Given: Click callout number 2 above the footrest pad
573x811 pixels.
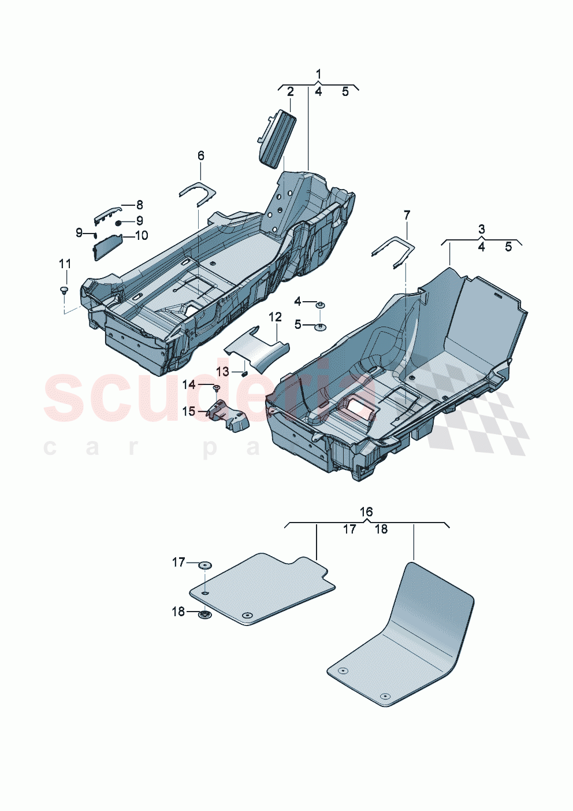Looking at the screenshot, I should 291,91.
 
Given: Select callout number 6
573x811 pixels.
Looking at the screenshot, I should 200,155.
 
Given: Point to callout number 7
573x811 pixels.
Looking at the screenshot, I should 407,215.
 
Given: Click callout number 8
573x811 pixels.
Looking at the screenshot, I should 139,205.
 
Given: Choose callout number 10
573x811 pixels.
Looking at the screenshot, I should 142,235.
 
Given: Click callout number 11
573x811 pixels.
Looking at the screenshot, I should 65,264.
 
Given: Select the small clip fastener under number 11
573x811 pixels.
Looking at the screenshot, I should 64,289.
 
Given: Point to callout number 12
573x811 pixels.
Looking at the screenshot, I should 275,317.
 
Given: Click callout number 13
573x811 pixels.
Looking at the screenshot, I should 223,372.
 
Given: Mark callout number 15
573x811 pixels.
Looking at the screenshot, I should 189,411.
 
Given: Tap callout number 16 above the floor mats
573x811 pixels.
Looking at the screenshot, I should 366,512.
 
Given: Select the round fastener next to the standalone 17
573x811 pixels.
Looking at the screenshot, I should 204,564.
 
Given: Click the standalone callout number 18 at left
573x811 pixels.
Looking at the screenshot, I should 178,612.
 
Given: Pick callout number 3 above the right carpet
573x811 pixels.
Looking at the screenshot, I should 482,229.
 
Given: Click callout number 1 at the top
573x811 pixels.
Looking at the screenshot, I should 318,74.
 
